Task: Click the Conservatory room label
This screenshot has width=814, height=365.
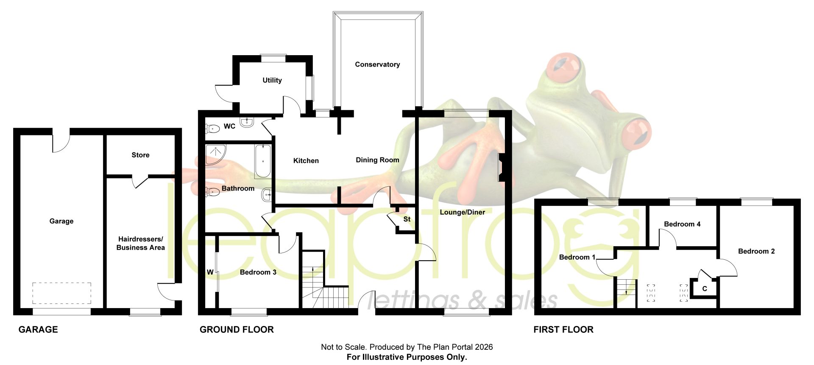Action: coord(377,65)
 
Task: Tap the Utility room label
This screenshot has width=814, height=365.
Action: coord(272,80)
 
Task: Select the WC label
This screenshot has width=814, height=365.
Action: coord(229,126)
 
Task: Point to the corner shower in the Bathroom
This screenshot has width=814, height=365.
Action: coord(215,154)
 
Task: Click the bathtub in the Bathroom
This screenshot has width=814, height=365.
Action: coord(263,161)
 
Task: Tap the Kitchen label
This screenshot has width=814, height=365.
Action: coord(306,161)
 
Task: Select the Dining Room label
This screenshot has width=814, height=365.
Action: coord(377,160)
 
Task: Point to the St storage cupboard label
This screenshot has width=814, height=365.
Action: coord(407,219)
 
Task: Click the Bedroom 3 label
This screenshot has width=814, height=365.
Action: coord(258,272)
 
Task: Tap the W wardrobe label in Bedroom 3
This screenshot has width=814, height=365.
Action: coord(210,272)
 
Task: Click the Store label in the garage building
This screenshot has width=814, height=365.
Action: coord(140,155)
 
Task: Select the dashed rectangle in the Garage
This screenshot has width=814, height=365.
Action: coord(62,293)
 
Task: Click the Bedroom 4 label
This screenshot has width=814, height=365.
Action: coord(682,224)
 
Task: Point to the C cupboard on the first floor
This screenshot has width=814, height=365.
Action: coord(705,289)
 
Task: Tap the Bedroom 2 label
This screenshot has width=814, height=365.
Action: coord(756,251)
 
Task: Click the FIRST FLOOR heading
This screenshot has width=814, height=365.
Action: coord(563,329)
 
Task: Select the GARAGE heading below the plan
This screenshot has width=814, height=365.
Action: coord(38,329)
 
